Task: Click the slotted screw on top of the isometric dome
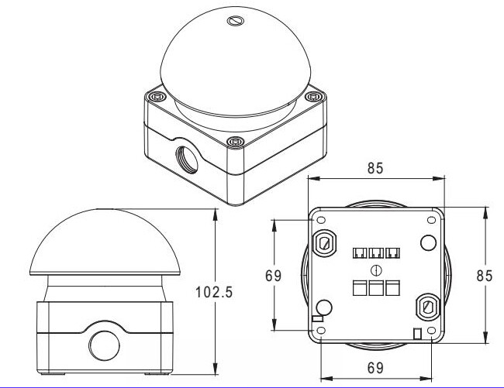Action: tap(235, 21)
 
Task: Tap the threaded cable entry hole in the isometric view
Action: tap(187, 160)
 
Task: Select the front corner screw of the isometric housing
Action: tap(235, 141)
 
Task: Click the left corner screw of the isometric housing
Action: tap(156, 96)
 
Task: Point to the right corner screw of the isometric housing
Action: tap(314, 96)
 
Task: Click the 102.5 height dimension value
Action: tap(214, 292)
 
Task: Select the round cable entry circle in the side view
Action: tap(105, 345)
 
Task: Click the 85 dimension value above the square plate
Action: tap(375, 168)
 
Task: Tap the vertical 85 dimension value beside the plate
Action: tap(485, 276)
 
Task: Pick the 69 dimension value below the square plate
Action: tap(375, 368)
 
